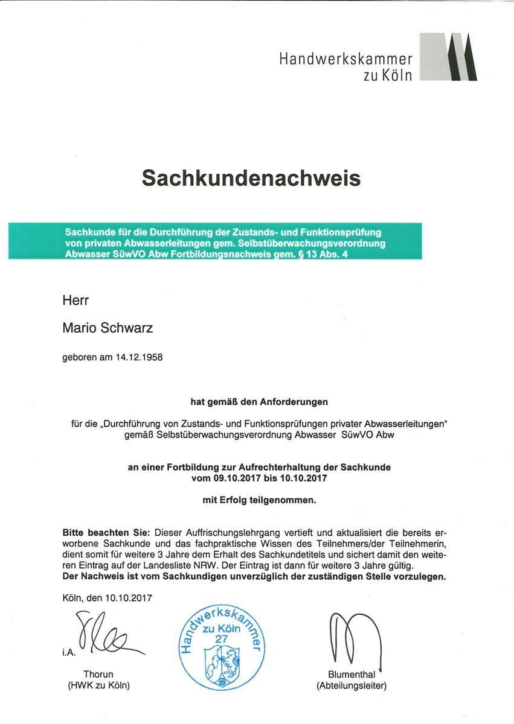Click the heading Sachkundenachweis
(x=251, y=178)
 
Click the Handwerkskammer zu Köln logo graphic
(x=448, y=57)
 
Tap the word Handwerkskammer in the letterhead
(x=345, y=59)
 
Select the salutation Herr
(x=75, y=300)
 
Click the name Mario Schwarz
(x=108, y=328)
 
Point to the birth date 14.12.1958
(x=138, y=357)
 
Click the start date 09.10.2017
(x=236, y=478)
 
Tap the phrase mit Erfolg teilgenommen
(x=259, y=500)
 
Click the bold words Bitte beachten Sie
(x=106, y=533)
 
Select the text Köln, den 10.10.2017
(x=107, y=598)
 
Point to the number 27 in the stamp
(x=221, y=638)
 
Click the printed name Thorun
(x=98, y=675)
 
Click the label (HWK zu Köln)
(x=98, y=685)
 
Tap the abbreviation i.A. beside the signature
(x=69, y=652)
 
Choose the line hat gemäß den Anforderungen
(x=259, y=400)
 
